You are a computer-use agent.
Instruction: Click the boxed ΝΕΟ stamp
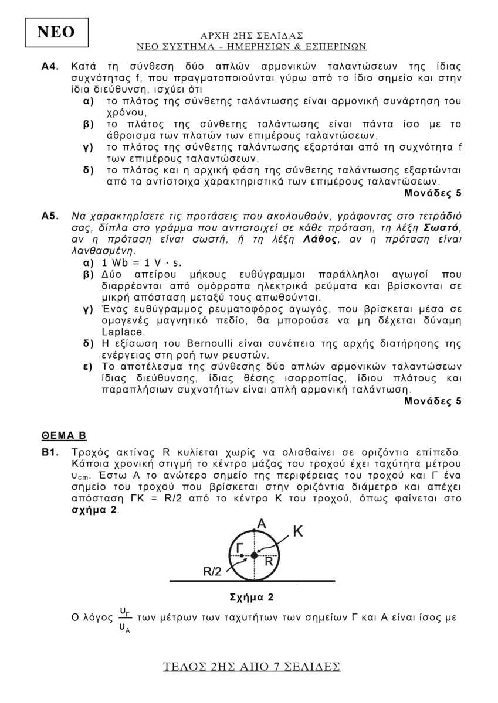click(x=56, y=33)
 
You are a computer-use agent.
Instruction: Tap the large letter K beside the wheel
click(x=298, y=531)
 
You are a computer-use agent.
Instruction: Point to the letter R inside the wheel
click(x=269, y=561)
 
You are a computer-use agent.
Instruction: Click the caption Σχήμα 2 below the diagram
click(x=252, y=598)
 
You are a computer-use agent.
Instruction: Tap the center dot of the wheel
click(x=254, y=555)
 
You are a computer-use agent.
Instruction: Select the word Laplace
click(x=119, y=332)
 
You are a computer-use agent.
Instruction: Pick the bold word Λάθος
click(x=322, y=239)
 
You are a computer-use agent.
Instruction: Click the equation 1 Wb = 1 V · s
click(x=141, y=262)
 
